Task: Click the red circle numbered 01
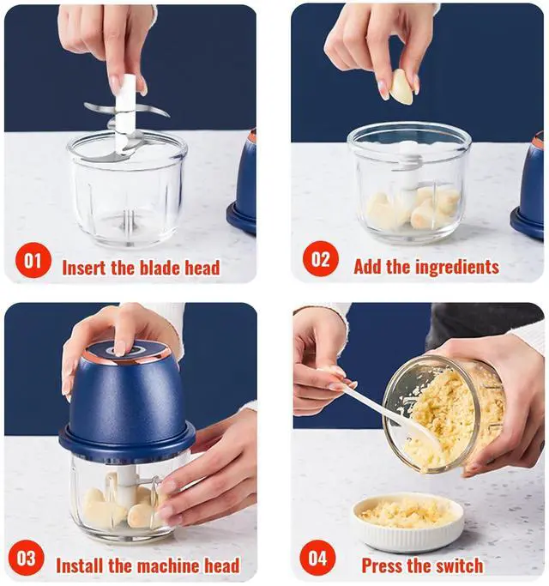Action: [33, 260]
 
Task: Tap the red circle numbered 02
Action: [321, 259]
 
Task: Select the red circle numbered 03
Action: [26, 558]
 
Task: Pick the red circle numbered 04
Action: [317, 558]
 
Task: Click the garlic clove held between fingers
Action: [401, 87]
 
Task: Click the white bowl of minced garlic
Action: [409, 523]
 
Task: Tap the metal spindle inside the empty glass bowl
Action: [128, 221]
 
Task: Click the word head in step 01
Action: [202, 268]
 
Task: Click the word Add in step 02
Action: [368, 267]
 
